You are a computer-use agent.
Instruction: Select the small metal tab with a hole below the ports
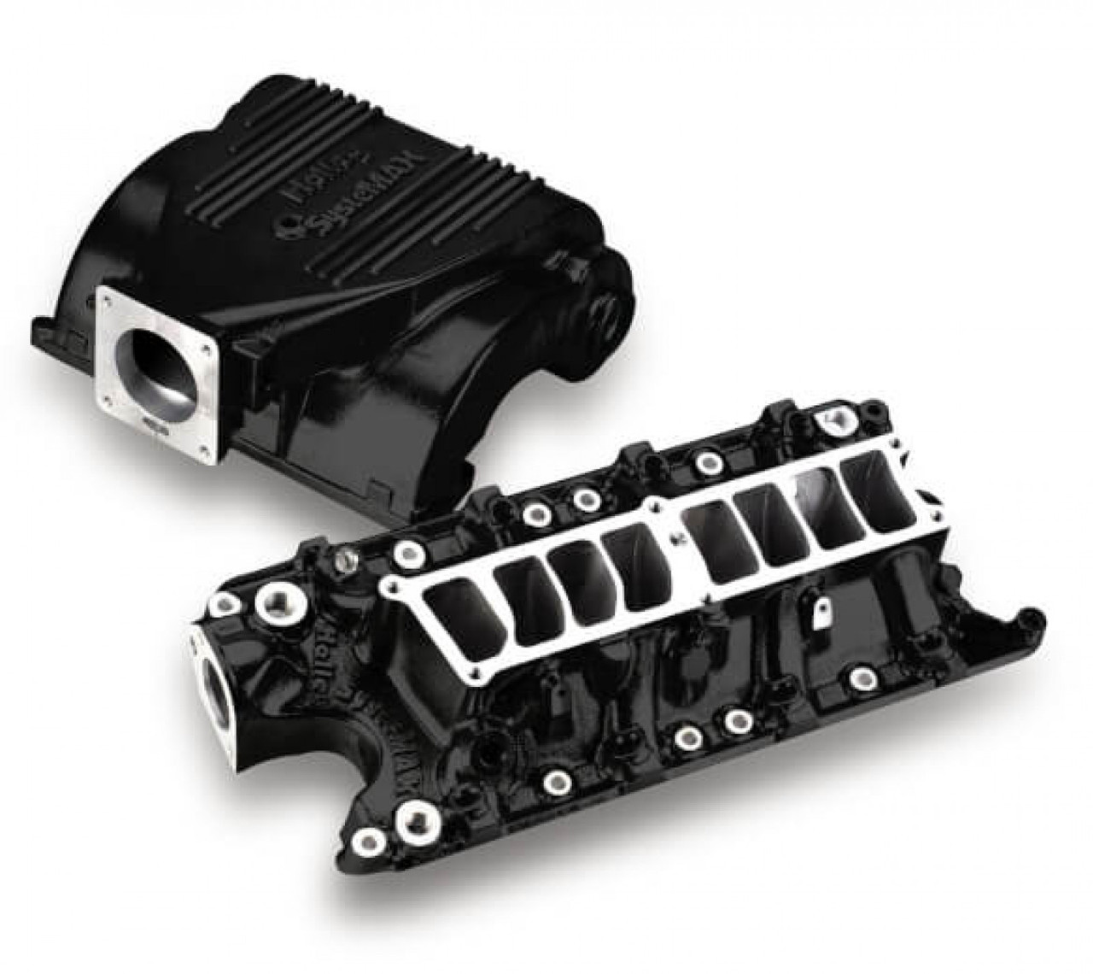tap(823, 610)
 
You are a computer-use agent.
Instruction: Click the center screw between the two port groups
tap(675, 537)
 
